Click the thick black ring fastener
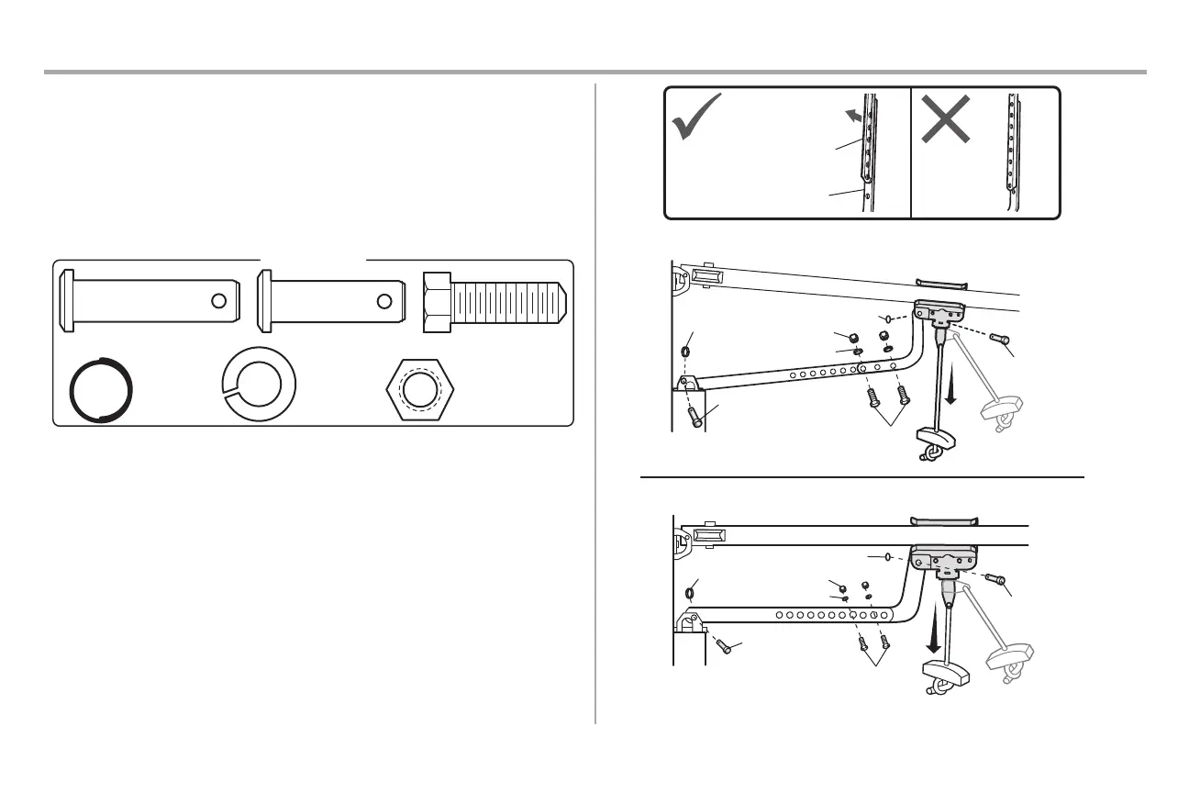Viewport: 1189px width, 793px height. click(103, 389)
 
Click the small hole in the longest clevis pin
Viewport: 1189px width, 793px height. click(218, 301)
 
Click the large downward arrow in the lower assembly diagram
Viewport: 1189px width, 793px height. click(934, 634)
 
